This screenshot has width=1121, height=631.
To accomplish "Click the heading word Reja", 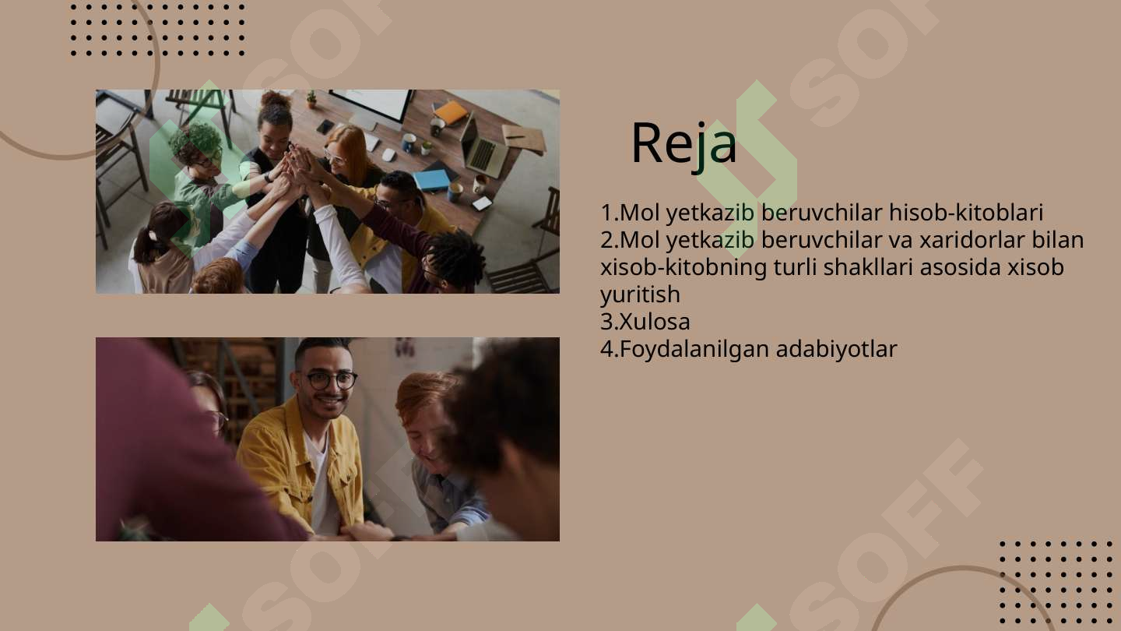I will point(683,144).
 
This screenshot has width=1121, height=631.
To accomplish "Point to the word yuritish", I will point(640,294).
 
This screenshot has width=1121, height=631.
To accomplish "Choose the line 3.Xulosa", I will point(645,322).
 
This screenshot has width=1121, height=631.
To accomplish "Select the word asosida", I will point(961,267).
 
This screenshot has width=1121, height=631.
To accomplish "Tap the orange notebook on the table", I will point(451,113).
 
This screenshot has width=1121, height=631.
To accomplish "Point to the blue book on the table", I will point(431,180).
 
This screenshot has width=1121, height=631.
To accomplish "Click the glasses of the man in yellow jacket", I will point(331,380).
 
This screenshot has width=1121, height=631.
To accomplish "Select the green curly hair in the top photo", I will point(195,140).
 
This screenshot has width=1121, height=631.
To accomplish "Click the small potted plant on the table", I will point(312,99).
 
